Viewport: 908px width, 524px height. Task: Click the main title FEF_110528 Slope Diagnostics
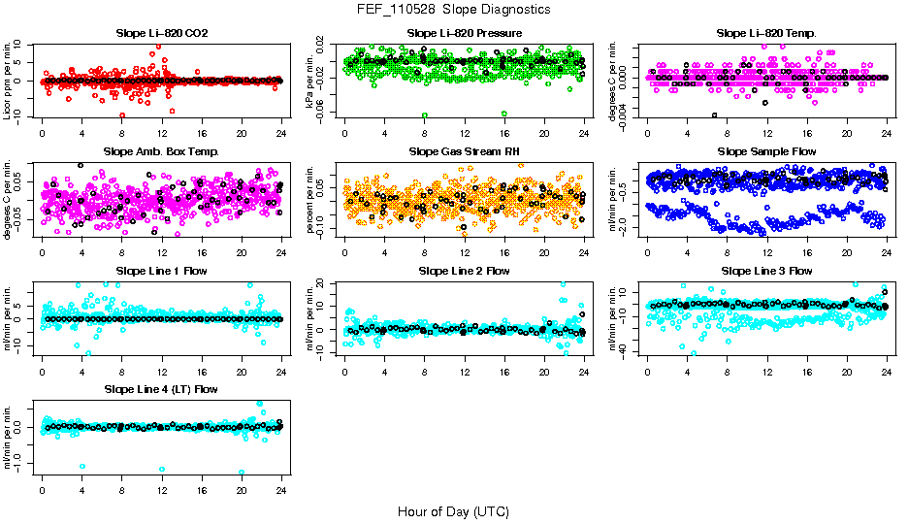[x=453, y=9]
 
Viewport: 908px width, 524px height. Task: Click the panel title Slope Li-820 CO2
[x=161, y=34]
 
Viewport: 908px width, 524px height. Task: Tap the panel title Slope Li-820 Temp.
[x=766, y=34]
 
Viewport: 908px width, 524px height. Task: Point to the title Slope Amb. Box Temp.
[x=161, y=152]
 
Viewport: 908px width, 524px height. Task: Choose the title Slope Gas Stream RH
[x=464, y=152]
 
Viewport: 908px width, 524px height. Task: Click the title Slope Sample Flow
[x=766, y=152]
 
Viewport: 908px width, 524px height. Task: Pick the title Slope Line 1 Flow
[x=161, y=271]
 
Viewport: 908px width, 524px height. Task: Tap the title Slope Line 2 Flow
[x=464, y=271]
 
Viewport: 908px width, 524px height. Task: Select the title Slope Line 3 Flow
[x=766, y=271]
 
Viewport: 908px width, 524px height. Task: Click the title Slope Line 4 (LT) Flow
[x=161, y=389]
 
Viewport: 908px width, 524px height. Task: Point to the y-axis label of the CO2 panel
[x=8, y=81]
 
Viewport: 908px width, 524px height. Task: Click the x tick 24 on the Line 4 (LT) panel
[x=281, y=490]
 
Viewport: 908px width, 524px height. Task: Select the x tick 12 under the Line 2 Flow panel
[x=464, y=372]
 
